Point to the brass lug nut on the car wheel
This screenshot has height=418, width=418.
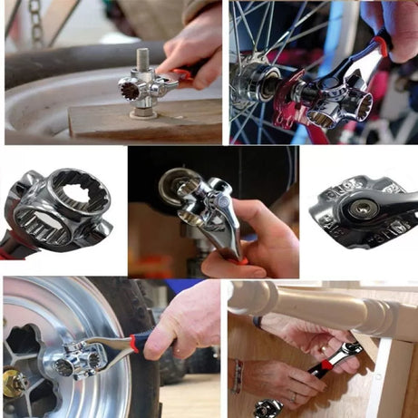14,381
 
